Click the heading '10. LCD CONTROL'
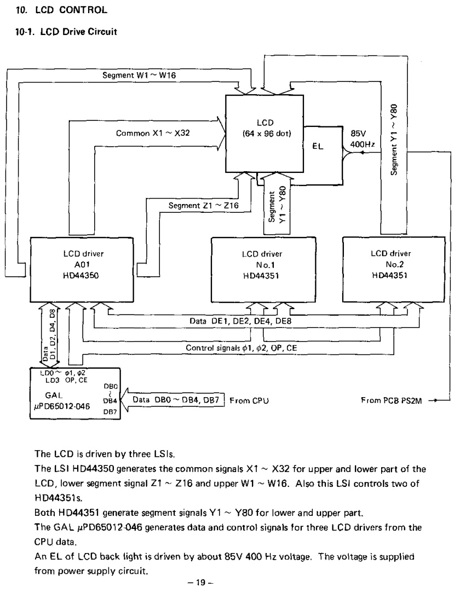pyautogui.click(x=61, y=10)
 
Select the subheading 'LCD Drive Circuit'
pyautogui.click(x=78, y=31)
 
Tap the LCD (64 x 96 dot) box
pyautogui.click(x=264, y=133)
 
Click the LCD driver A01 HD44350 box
pyautogui.click(x=82, y=270)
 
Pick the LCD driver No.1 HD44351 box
pyautogui.click(x=263, y=270)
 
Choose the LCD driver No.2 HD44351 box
pyautogui.click(x=394, y=269)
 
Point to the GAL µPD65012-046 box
pyautogui.click(x=75, y=393)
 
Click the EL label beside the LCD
pyautogui.click(x=318, y=146)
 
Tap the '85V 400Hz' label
pyautogui.click(x=362, y=139)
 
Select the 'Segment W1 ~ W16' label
pyautogui.click(x=139, y=75)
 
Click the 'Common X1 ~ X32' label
pyautogui.click(x=153, y=133)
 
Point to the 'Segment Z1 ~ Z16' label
pyautogui.click(x=203, y=206)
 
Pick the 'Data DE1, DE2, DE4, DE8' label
pyautogui.click(x=240, y=321)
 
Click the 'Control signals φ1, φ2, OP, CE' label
pyautogui.click(x=242, y=348)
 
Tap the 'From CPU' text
pyautogui.click(x=249, y=401)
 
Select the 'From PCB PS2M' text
pyautogui.click(x=391, y=400)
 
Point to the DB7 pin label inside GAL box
pyautogui.click(x=110, y=412)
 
